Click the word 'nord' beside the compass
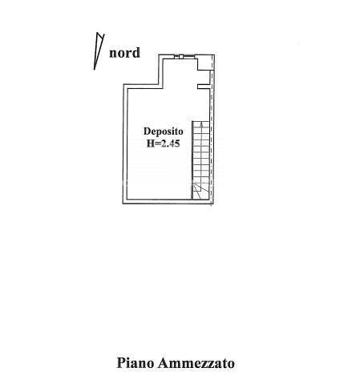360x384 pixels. click(x=124, y=53)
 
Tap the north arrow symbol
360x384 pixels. click(x=98, y=51)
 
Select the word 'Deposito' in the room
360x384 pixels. click(x=164, y=131)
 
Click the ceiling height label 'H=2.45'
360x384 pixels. click(x=163, y=143)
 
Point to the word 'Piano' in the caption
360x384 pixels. click(x=136, y=362)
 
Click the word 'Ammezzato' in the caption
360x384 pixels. click(x=196, y=363)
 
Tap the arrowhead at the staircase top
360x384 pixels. click(x=201, y=124)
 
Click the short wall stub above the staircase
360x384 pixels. click(x=203, y=87)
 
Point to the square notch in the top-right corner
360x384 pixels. click(x=205, y=63)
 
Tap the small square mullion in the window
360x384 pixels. click(x=181, y=56)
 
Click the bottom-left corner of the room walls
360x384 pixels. click(x=123, y=204)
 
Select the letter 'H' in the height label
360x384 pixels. click(x=151, y=143)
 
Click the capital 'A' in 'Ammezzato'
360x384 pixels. click(x=163, y=362)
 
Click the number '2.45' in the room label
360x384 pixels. click(x=169, y=143)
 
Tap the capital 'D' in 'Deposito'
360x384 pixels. click(x=147, y=131)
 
